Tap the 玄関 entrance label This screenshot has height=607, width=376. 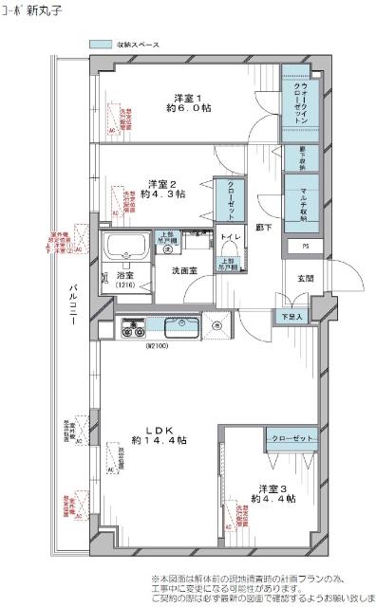[305, 278]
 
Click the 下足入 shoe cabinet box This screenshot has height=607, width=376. [291, 316]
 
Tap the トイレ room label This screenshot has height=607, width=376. [229, 238]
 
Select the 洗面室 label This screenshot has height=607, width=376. [186, 271]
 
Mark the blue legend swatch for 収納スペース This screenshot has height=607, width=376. [101, 45]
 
